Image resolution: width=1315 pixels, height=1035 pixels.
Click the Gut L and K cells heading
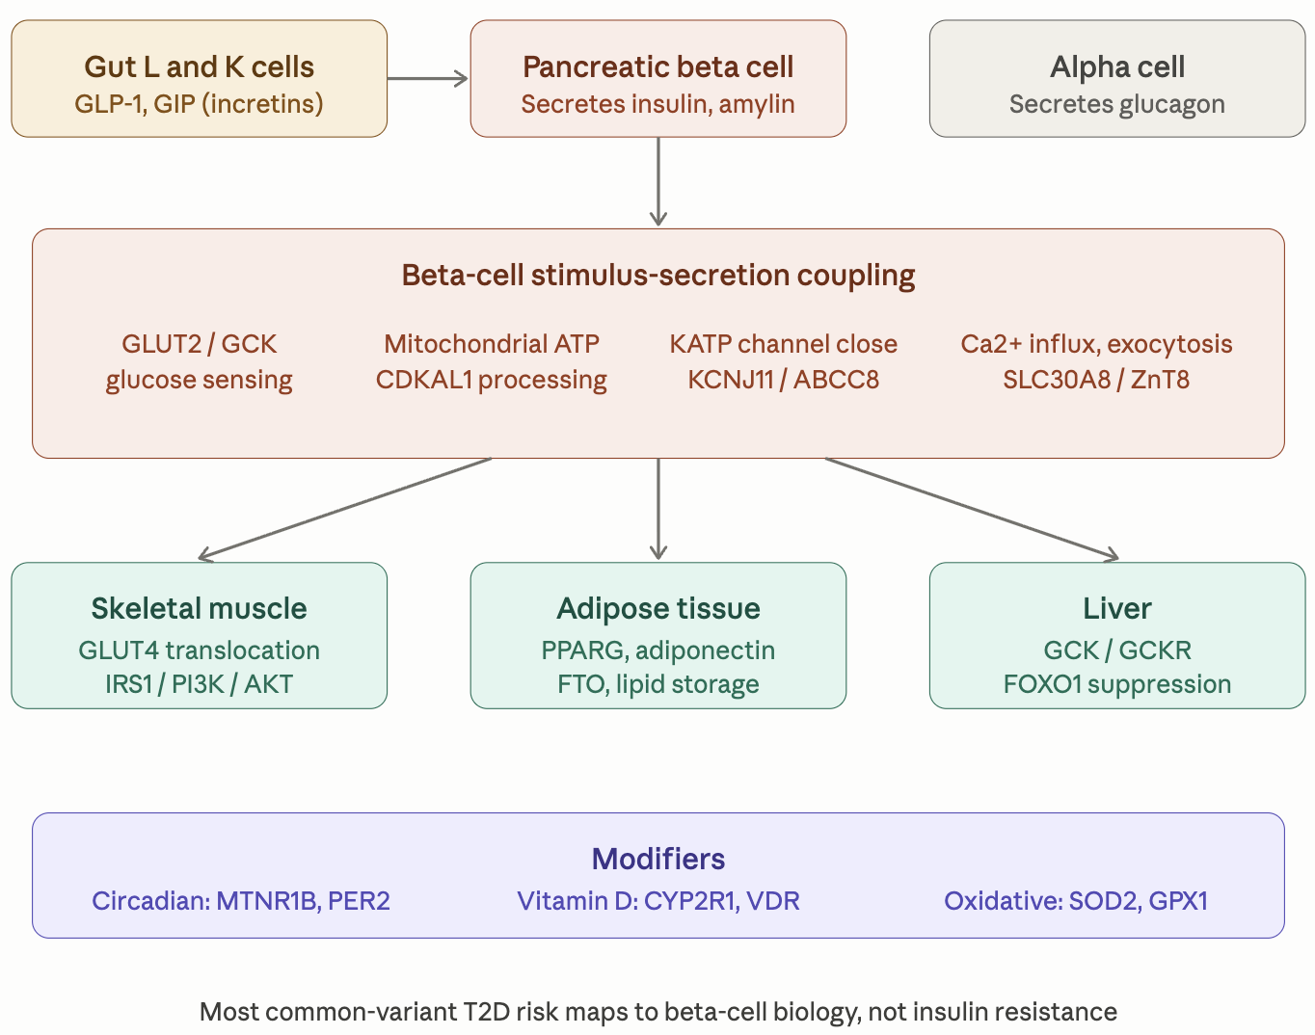(199, 66)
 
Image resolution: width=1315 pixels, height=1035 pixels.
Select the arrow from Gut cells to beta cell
(427, 79)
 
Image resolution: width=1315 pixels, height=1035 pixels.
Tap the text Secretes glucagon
(1116, 104)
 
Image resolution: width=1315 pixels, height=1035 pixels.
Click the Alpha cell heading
(1116, 66)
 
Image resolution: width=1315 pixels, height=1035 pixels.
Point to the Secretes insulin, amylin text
(657, 104)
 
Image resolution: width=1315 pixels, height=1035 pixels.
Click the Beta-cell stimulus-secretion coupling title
(657, 276)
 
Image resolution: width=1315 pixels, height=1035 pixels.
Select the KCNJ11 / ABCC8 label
(783, 380)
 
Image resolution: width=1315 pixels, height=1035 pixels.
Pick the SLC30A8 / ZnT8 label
(1096, 380)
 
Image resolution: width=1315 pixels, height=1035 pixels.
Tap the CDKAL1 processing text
(491, 380)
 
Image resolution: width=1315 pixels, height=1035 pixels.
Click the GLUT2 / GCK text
(199, 344)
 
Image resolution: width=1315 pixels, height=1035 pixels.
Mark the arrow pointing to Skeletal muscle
(345, 508)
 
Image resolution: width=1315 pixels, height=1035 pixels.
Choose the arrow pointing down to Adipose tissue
(658, 508)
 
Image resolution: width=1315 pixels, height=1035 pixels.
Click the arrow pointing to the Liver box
(972, 508)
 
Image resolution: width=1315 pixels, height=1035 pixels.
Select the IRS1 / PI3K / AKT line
(199, 684)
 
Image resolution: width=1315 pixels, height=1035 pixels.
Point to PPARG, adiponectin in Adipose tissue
(657, 650)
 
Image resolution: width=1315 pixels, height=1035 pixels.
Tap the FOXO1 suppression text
(1116, 684)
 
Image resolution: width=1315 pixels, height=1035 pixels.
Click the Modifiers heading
(657, 859)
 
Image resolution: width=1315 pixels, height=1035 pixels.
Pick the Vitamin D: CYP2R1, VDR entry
(657, 901)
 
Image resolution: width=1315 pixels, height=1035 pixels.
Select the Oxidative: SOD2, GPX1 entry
(1075, 901)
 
